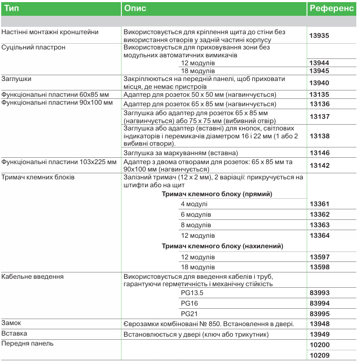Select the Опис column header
coord(135,9)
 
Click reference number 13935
coord(320,36)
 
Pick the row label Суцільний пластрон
coord(33,47)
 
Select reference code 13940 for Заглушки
coord(320,83)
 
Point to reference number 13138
coord(320,136)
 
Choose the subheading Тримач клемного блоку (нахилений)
coord(222,246)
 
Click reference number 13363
coord(320,225)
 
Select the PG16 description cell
coord(189,304)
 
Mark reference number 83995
coord(320,314)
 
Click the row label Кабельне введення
coord(33,276)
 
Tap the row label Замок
coord(12,323)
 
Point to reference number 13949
coord(320,334)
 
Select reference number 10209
coord(320,356)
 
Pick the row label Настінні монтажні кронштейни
coord(50,32)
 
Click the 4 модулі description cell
coord(194,204)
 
